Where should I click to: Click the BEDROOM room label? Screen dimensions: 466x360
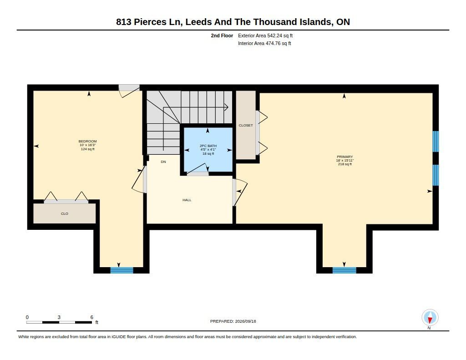tap(88, 141)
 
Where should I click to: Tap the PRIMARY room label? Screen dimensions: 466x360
tap(345, 157)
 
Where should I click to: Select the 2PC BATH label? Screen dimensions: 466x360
tap(208, 146)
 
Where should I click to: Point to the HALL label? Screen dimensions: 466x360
tap(187, 200)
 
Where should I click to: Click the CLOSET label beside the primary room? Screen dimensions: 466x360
tap(246, 126)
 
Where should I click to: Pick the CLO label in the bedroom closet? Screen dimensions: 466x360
tap(65, 213)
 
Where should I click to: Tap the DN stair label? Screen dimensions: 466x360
tap(163, 162)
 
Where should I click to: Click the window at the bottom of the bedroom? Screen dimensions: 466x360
tap(122, 270)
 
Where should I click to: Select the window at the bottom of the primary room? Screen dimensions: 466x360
tap(344, 270)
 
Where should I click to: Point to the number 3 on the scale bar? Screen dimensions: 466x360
tap(59, 317)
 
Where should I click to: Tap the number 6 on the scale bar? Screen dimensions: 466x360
tap(92, 317)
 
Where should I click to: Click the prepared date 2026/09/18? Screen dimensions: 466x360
tap(245, 321)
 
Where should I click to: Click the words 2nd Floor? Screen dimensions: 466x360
tap(222, 35)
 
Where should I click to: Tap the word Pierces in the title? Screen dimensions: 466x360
tap(150, 22)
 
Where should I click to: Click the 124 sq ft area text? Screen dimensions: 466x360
tap(88, 149)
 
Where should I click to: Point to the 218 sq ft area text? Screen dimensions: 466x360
tap(345, 164)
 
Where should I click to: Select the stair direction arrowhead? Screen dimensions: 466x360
tap(227, 107)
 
